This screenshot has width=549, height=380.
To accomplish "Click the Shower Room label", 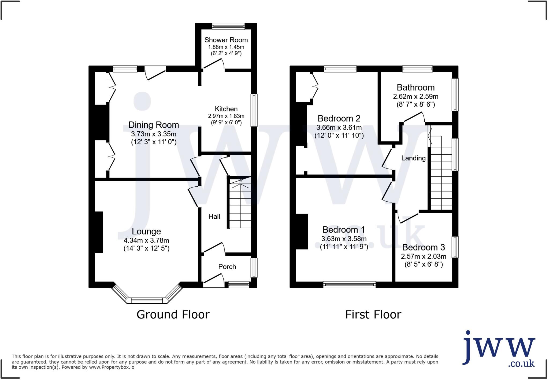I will click(x=226, y=40).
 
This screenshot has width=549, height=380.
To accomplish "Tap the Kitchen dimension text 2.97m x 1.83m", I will click(x=226, y=116).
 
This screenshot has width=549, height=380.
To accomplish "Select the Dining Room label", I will click(x=154, y=125).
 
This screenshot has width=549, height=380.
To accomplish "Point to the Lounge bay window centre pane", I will click(x=147, y=300).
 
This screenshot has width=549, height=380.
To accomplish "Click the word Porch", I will click(x=227, y=267).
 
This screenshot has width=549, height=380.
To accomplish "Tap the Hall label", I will click(x=214, y=216).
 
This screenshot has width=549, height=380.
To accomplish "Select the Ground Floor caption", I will click(x=173, y=314).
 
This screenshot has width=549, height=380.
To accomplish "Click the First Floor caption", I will click(x=373, y=314).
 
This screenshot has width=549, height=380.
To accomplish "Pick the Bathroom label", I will click(x=416, y=88).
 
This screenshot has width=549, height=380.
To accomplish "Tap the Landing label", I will click(x=413, y=158).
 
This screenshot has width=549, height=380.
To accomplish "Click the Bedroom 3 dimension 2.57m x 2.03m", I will click(x=424, y=256).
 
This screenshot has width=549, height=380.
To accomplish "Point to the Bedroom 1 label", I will click(x=344, y=230).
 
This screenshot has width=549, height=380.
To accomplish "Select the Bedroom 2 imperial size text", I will click(x=339, y=135).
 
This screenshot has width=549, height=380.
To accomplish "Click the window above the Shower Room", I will click(x=228, y=26).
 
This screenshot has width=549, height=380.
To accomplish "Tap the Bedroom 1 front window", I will click(x=349, y=285).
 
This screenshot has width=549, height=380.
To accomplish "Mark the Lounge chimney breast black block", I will click(x=99, y=232).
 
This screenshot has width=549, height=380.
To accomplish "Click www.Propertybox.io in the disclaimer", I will click(x=112, y=367).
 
